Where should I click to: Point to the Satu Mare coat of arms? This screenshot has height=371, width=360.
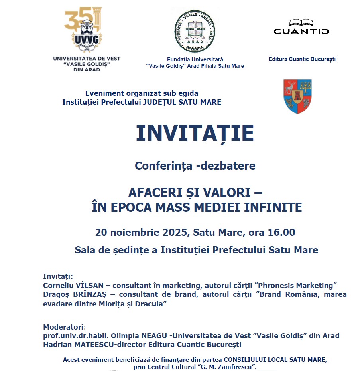[297, 96]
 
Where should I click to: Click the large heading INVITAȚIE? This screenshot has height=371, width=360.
[195, 134]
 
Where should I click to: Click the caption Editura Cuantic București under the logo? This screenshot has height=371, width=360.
[302, 59]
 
